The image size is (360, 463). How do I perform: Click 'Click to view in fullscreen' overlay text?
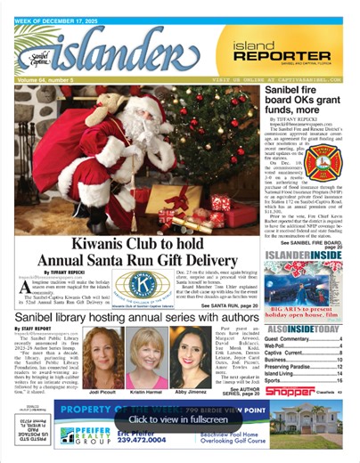point(180,418)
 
